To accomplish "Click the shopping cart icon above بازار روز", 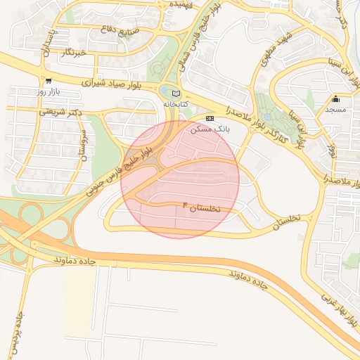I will [x=47, y=81].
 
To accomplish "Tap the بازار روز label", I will [x=50, y=92].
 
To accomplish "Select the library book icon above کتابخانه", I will [x=175, y=93].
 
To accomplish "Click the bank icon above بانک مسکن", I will [x=210, y=117].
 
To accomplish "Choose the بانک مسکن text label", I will [x=209, y=129].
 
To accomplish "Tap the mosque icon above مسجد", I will [x=335, y=98].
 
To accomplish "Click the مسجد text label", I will [x=335, y=110].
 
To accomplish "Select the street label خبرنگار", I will [x=72, y=53].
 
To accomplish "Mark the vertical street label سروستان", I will [x=83, y=144].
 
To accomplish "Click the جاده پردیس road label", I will [x=15, y=333].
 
